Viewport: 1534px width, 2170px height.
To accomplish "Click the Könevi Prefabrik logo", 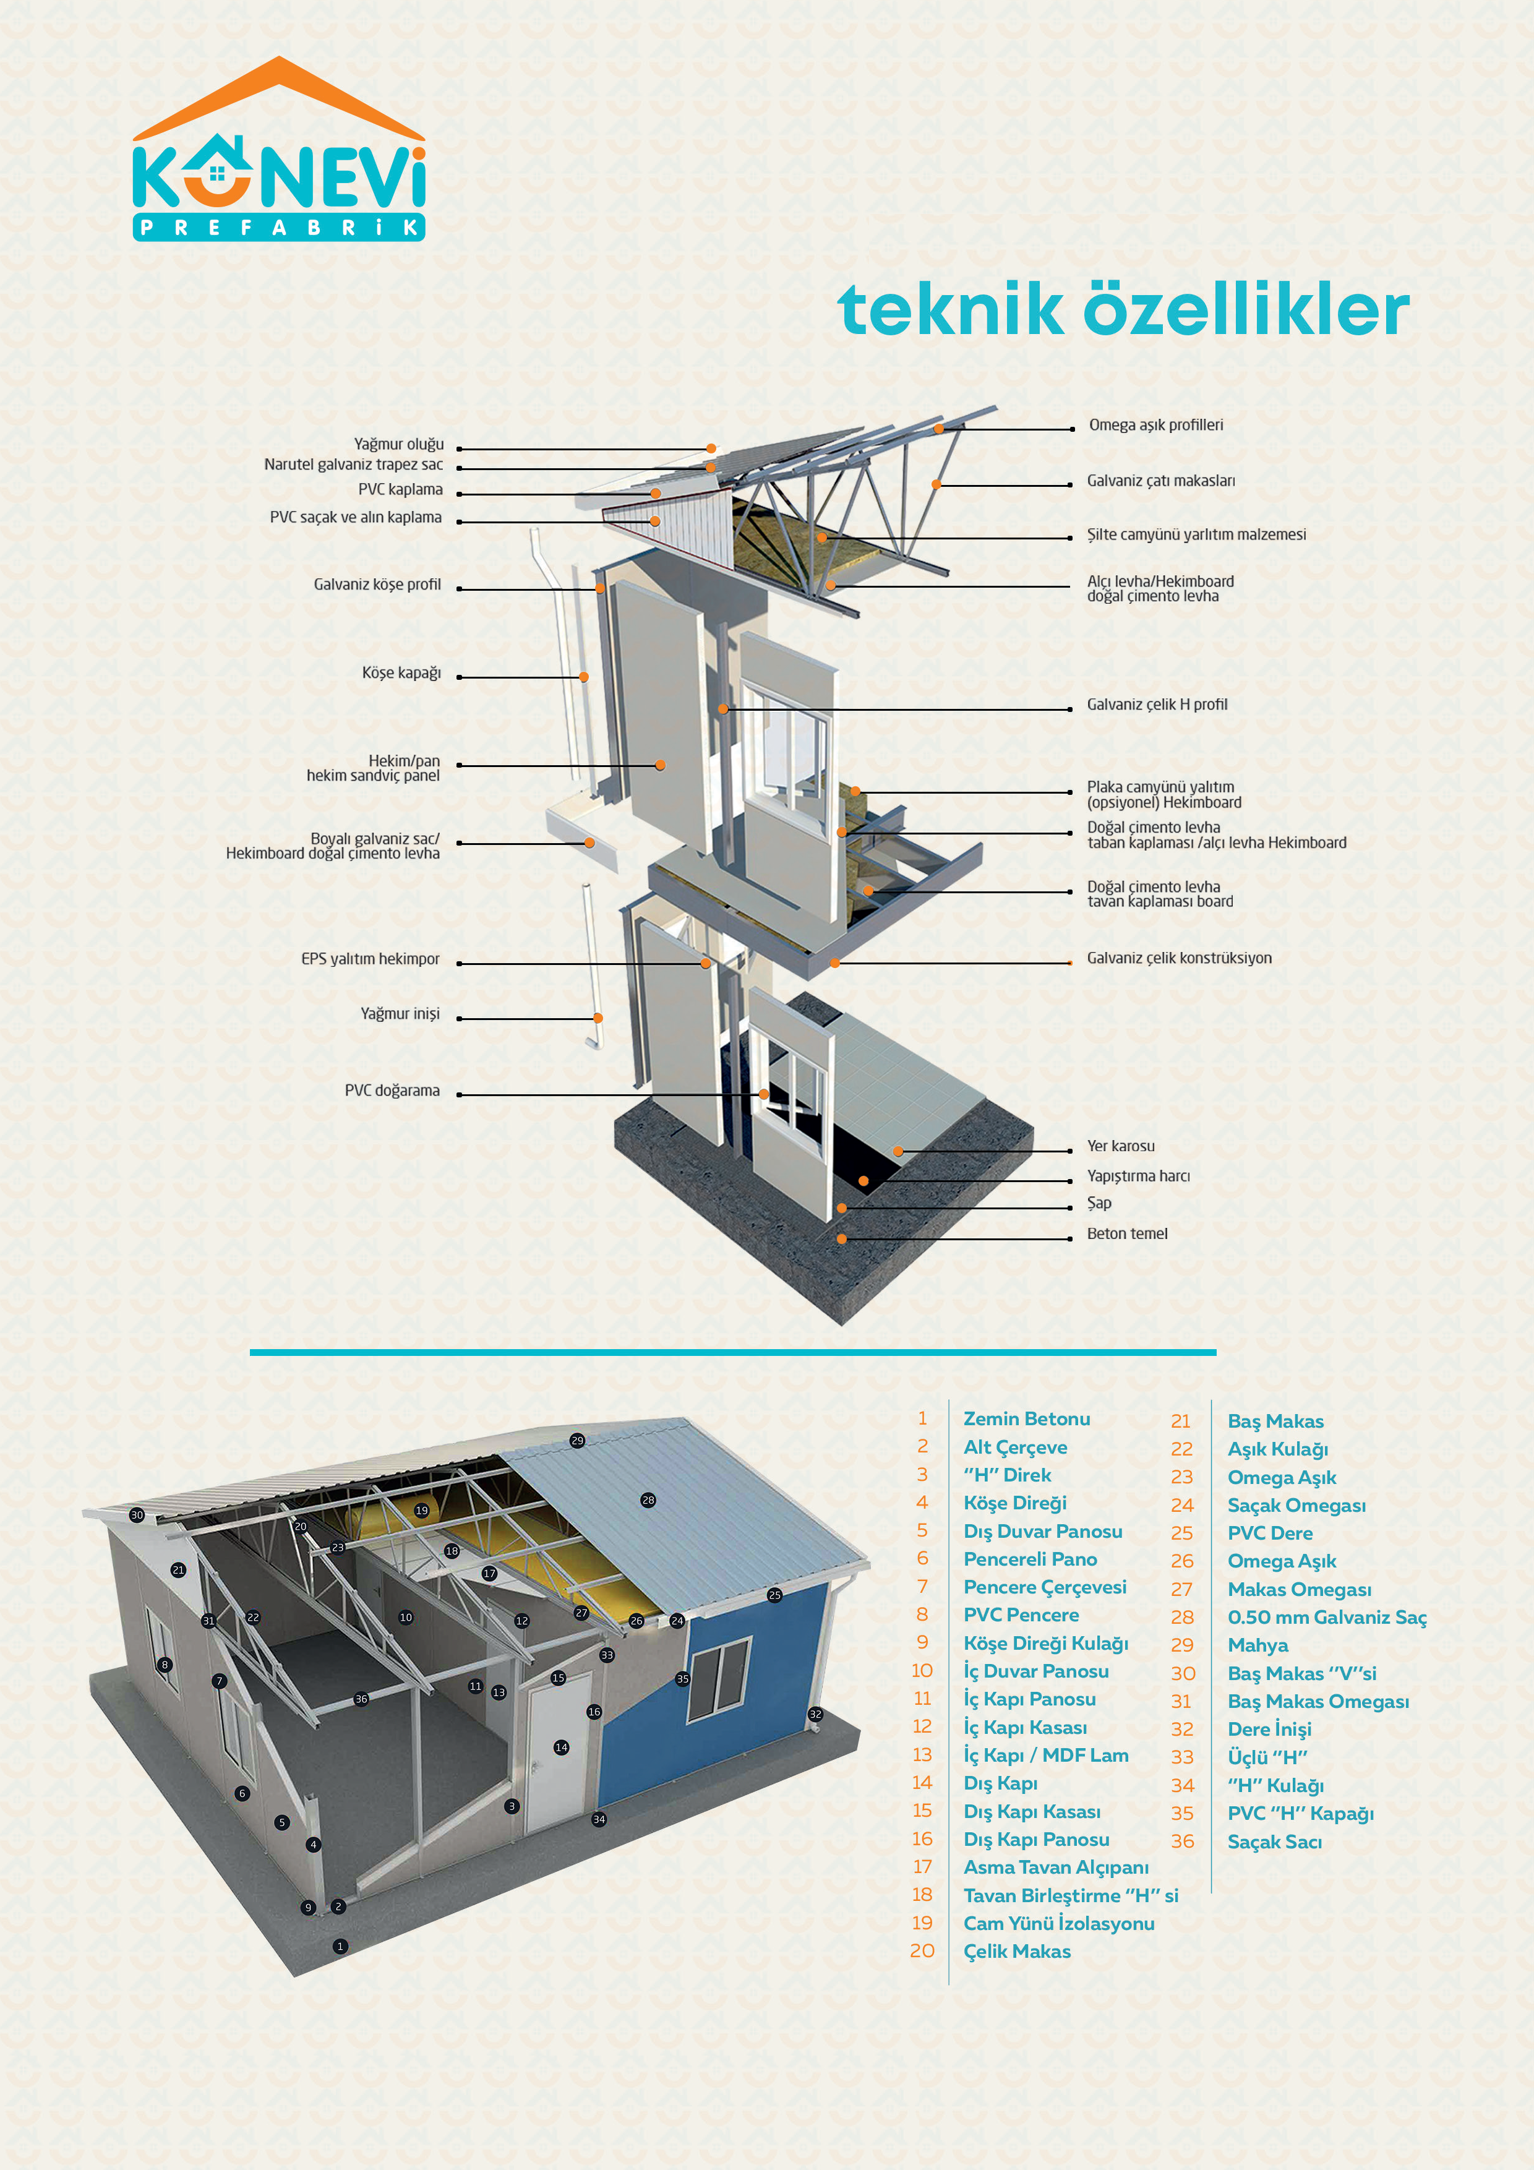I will click(x=279, y=151).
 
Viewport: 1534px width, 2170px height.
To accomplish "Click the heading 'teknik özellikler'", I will click(x=1123, y=309).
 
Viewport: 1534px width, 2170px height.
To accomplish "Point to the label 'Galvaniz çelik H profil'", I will click(x=1157, y=704).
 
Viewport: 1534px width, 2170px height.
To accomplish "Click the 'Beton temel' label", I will click(x=1126, y=1233).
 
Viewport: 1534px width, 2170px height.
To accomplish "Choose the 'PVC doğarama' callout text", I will click(x=392, y=1091).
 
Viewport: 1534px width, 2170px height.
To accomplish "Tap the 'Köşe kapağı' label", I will click(x=401, y=673).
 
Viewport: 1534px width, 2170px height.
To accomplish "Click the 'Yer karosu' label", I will click(x=1120, y=1146).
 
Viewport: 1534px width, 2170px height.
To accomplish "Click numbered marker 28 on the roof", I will click(x=648, y=1500).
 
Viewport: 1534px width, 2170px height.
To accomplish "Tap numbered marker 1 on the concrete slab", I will click(x=340, y=1946).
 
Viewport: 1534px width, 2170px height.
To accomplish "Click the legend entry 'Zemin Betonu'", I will click(x=1026, y=1418).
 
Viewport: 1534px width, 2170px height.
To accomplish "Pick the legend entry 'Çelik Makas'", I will click(x=1017, y=1951).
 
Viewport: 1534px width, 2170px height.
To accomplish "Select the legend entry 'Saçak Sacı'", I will click(x=1274, y=1841).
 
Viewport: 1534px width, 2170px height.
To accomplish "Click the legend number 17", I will click(x=922, y=1867).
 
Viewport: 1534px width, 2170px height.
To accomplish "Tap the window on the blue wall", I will click(x=718, y=1679).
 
